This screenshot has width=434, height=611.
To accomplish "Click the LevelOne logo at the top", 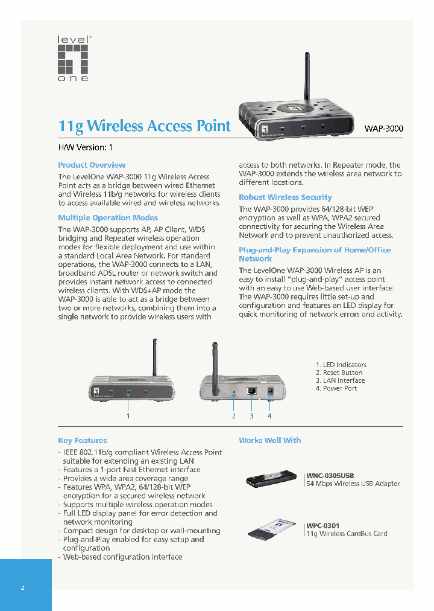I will [73, 59].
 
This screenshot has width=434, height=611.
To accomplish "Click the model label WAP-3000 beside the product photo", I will [383, 129].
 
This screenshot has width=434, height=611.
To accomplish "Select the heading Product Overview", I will [92, 165].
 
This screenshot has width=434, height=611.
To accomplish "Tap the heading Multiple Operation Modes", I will [108, 217].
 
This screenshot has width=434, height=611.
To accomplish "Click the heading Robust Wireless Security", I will [285, 197].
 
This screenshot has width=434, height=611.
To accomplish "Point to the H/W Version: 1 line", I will [85, 147].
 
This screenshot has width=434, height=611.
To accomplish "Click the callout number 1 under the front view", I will [128, 415].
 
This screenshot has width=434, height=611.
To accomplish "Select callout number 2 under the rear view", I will [233, 415].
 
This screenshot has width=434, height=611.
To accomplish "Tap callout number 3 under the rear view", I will [251, 415].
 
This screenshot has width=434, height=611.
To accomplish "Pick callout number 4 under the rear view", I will [269, 415].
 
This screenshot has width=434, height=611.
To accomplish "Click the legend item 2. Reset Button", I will [339, 373].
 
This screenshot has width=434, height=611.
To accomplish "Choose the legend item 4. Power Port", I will [336, 388].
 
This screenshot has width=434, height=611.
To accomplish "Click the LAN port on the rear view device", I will [252, 391].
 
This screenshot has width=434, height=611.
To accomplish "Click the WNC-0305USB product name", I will [330, 475].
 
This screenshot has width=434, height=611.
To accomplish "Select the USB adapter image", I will [271, 479].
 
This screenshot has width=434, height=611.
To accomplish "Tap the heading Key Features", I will [82, 440].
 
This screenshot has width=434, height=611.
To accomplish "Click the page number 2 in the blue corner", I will [22, 587].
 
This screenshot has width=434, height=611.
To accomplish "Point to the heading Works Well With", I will [269, 440].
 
